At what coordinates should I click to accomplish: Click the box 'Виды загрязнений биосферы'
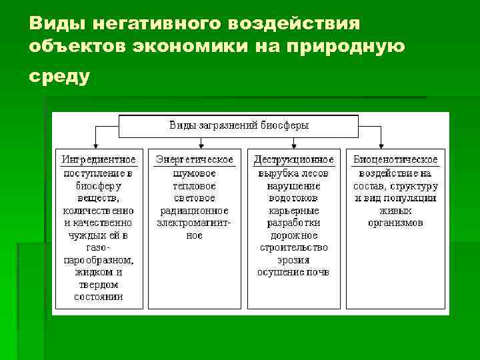239,125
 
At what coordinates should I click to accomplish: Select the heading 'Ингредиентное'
99,160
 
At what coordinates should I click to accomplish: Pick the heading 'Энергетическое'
194,160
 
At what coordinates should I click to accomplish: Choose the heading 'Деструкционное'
293,160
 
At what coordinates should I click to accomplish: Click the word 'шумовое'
194,173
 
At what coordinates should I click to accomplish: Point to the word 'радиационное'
194,210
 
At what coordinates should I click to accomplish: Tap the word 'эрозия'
293,260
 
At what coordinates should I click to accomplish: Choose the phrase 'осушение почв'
293,272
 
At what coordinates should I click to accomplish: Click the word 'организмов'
395,223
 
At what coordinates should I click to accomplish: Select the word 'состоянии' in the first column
99,297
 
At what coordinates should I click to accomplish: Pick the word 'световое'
194,198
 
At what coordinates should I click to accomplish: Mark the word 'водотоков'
293,198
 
